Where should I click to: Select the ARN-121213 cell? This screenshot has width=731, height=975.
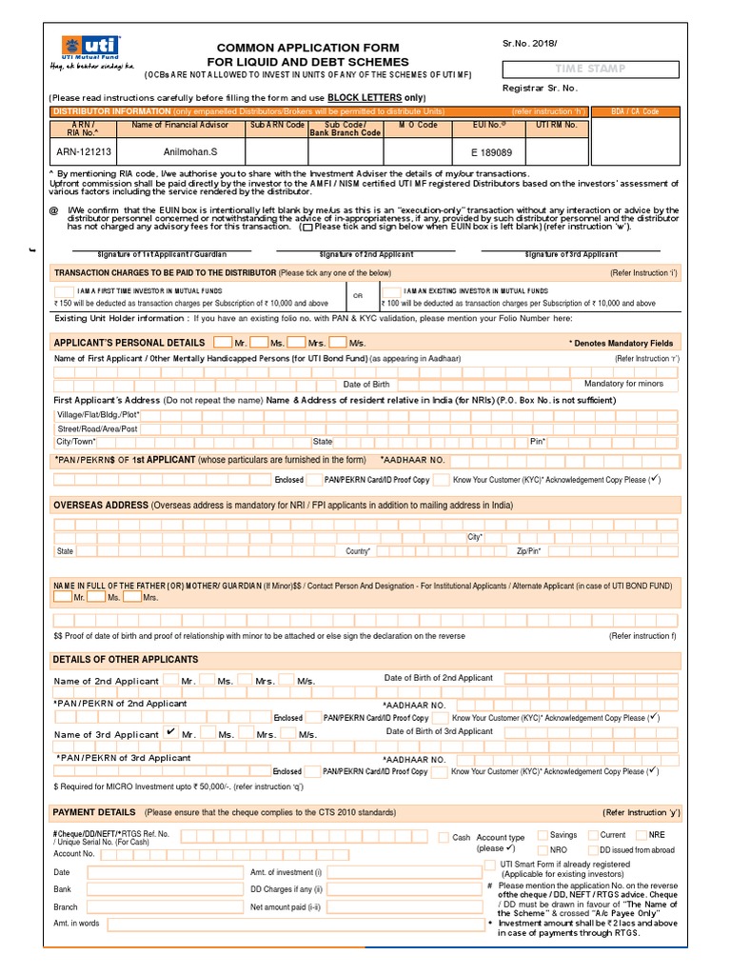[83, 151]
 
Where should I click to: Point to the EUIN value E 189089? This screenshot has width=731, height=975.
[491, 151]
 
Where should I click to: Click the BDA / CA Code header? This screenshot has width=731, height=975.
[636, 111]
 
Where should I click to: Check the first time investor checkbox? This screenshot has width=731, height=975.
[63, 290]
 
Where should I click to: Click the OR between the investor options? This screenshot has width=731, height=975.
[359, 296]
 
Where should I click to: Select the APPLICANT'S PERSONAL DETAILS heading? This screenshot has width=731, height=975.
[128, 343]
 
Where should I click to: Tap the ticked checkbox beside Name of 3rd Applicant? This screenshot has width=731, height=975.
[170, 732]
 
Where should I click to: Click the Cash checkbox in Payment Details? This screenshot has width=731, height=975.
[444, 837]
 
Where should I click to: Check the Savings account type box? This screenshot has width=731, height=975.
[542, 835]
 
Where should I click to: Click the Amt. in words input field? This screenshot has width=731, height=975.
[295, 924]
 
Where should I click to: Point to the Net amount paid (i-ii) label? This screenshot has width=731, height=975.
[286, 906]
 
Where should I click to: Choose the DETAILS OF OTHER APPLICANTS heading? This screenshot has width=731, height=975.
[126, 659]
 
